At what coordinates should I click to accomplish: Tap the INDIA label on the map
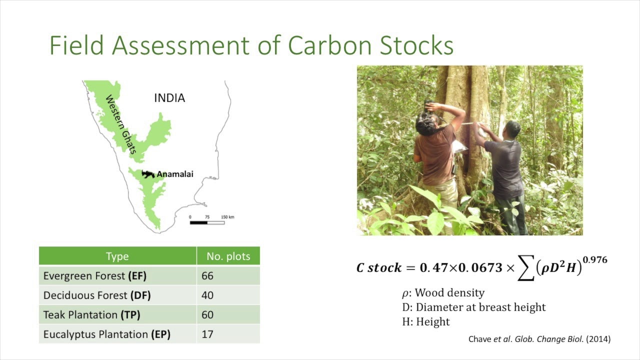coord(169,98)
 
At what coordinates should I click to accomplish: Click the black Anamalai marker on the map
coord(147,174)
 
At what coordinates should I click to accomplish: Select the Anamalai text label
coord(175,174)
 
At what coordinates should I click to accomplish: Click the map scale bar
coord(207,222)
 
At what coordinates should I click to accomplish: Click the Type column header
coord(117,256)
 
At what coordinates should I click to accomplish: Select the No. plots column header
coord(228,256)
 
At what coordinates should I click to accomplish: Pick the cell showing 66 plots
coord(207,276)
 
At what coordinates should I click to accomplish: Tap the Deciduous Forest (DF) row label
coord(97,295)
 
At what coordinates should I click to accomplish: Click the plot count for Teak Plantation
coord(207,315)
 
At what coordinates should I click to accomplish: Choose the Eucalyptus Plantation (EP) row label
coord(106,334)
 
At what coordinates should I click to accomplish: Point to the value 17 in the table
coord(207,334)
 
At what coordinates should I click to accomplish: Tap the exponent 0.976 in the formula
coord(594,260)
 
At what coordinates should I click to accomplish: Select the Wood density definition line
coord(443,293)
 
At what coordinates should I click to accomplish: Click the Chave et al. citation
coord(539,339)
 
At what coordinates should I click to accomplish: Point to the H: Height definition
coord(426,322)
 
